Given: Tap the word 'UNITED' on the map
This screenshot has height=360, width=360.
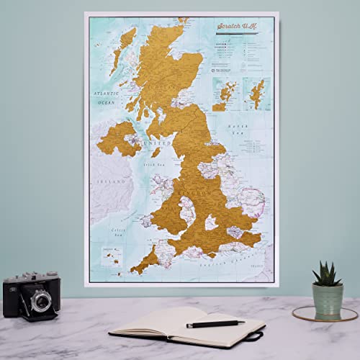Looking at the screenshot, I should point(160,143).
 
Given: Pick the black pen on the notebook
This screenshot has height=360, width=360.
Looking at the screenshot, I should point(215,324).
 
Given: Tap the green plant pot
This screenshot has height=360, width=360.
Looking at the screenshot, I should point(328,299).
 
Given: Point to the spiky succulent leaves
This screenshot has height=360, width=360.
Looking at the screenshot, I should point(328,274).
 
